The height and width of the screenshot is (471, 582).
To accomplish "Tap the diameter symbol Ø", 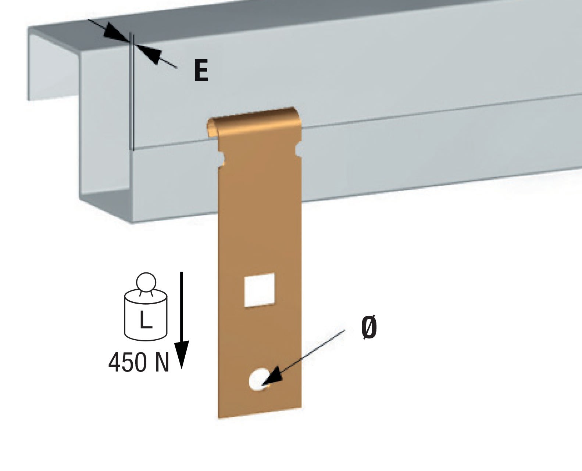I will point(369,328).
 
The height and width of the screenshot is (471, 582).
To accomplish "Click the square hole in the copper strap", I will point(260,290).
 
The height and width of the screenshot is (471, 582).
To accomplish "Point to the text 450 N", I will point(139,362).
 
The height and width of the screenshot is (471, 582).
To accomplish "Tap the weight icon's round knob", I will point(146,282).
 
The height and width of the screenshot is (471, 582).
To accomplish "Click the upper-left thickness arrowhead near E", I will point(114,33).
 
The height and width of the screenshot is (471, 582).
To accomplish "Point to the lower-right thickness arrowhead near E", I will point(151,55).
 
